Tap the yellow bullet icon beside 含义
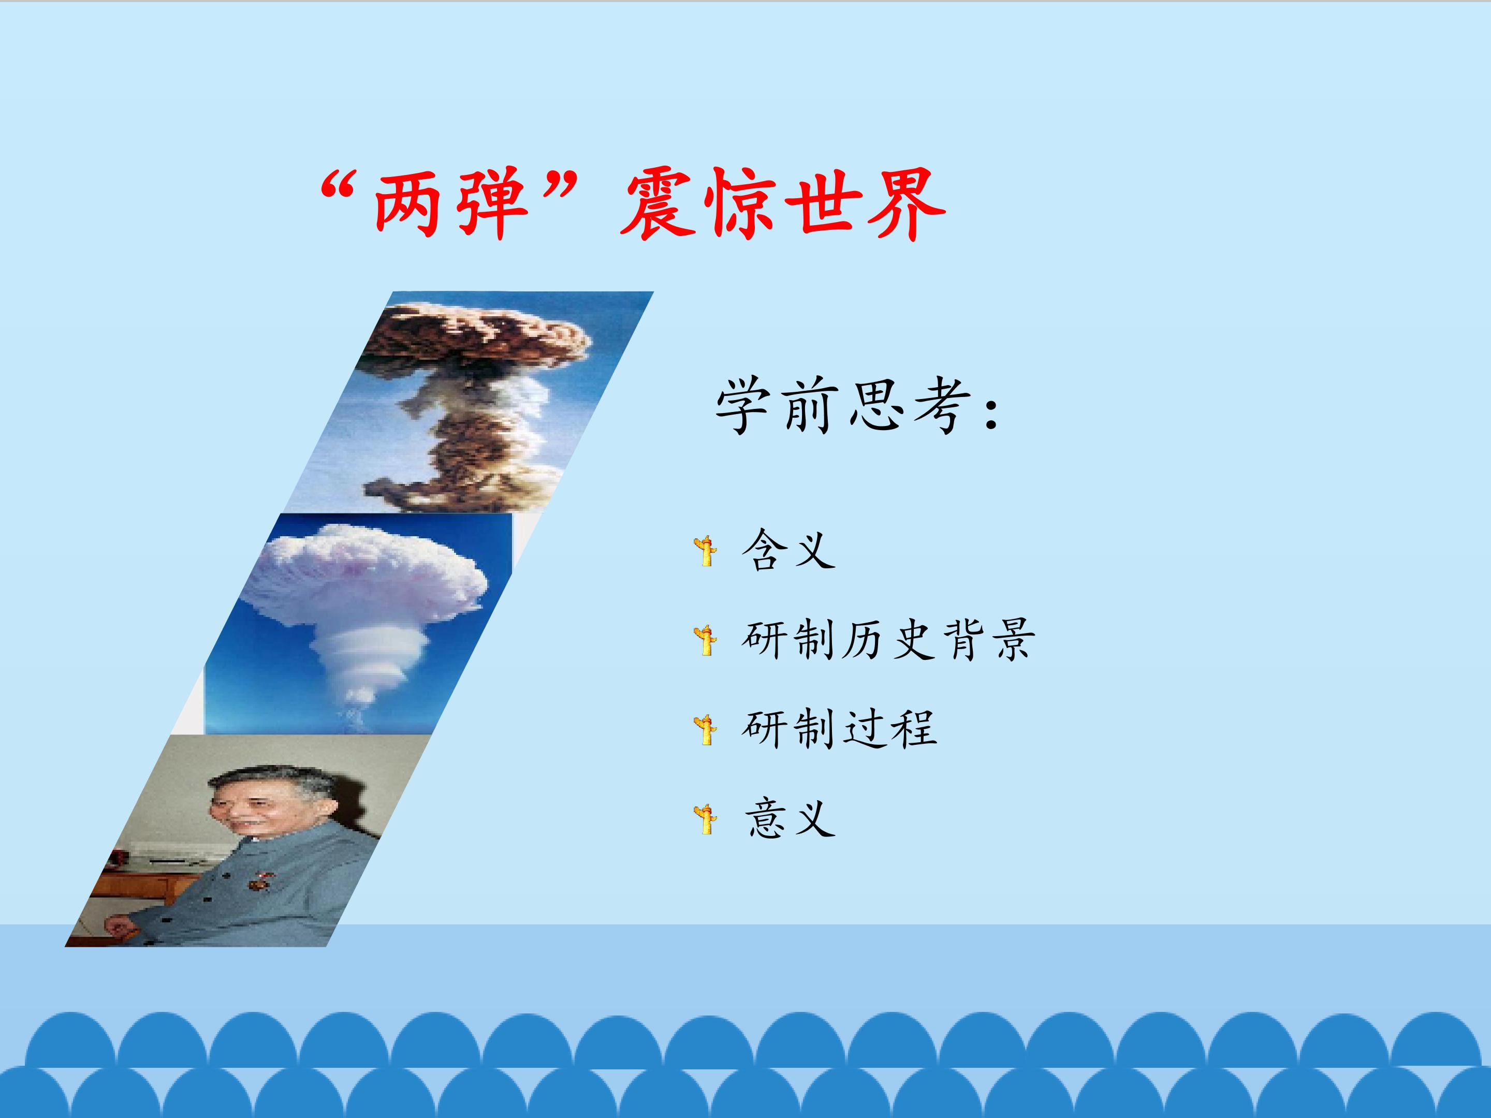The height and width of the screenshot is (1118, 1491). pyautogui.click(x=706, y=551)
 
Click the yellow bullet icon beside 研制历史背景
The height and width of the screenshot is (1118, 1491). pyautogui.click(x=706, y=640)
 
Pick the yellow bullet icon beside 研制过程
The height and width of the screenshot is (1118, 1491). pyautogui.click(x=706, y=730)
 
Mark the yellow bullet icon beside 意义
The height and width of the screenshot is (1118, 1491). pyautogui.click(x=706, y=819)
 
